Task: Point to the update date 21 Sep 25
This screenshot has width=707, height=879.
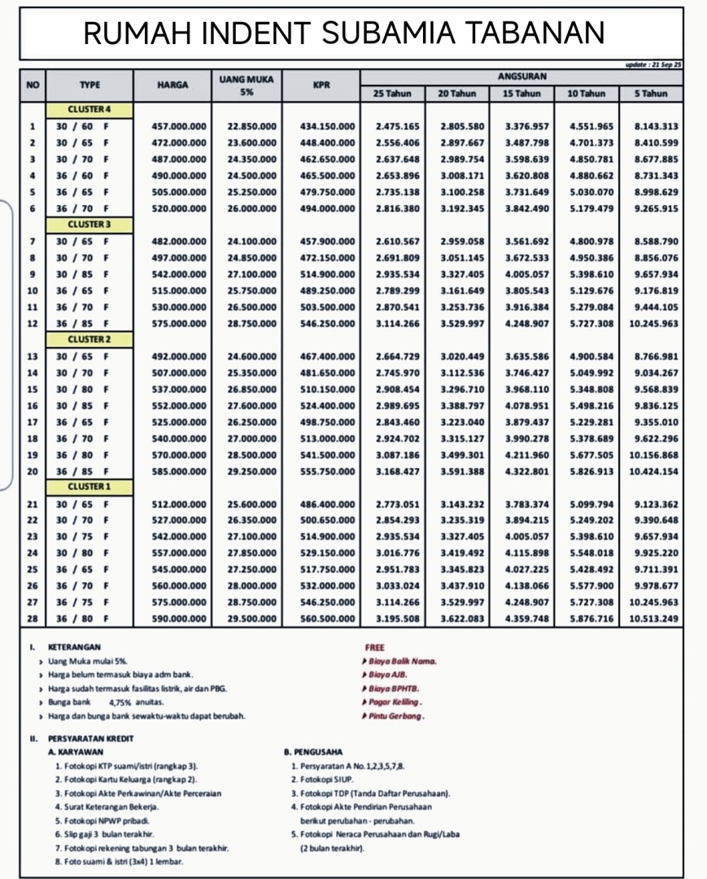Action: click(x=653, y=64)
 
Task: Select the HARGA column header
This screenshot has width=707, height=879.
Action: click(x=172, y=85)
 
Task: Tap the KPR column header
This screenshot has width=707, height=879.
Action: click(x=321, y=85)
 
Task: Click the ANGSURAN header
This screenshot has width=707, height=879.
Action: click(x=521, y=77)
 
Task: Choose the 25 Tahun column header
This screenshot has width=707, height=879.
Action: click(x=392, y=94)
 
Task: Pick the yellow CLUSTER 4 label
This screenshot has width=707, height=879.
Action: click(x=89, y=109)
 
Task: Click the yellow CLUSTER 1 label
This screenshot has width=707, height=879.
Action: click(x=89, y=487)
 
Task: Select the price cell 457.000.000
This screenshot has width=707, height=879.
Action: click(x=179, y=127)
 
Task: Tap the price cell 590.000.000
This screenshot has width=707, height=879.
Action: click(x=179, y=619)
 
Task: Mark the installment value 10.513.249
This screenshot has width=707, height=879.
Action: click(x=653, y=619)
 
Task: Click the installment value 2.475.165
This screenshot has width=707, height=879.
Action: click(x=398, y=127)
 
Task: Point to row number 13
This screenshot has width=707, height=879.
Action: click(x=33, y=356)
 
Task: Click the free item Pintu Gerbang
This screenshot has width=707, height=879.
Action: click(x=395, y=716)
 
